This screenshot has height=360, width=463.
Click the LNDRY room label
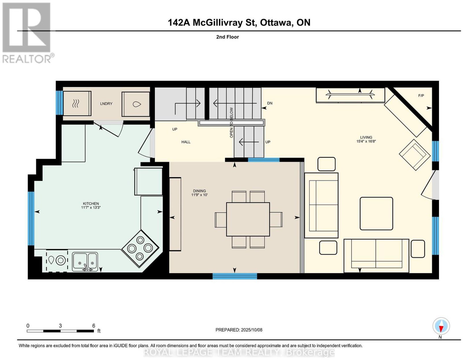[x=106, y=104]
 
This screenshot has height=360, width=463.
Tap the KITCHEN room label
[x=91, y=204]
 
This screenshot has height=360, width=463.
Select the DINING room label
[x=199, y=191]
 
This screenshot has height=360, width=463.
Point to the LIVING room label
[x=366, y=137]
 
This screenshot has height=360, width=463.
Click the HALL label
[x=186, y=142]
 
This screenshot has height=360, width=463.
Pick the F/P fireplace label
[x=421, y=96]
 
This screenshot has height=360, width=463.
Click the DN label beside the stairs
[x=270, y=103]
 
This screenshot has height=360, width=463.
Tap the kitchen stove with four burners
[x=140, y=248]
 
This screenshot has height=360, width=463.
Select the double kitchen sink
[x=85, y=262]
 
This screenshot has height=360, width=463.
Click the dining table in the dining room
[x=248, y=219]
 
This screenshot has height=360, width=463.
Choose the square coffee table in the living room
[x=376, y=213]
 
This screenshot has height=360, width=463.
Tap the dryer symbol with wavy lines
[x=77, y=104]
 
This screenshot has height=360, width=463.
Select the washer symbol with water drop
[x=136, y=104]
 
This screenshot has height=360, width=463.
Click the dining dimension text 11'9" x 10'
[x=199, y=195]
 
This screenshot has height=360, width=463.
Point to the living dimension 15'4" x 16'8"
[x=366, y=141]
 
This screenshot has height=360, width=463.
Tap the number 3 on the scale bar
[x=60, y=326]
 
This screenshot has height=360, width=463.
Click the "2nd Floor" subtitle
[x=227, y=37]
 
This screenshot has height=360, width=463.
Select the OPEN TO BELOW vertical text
[x=231, y=123]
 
